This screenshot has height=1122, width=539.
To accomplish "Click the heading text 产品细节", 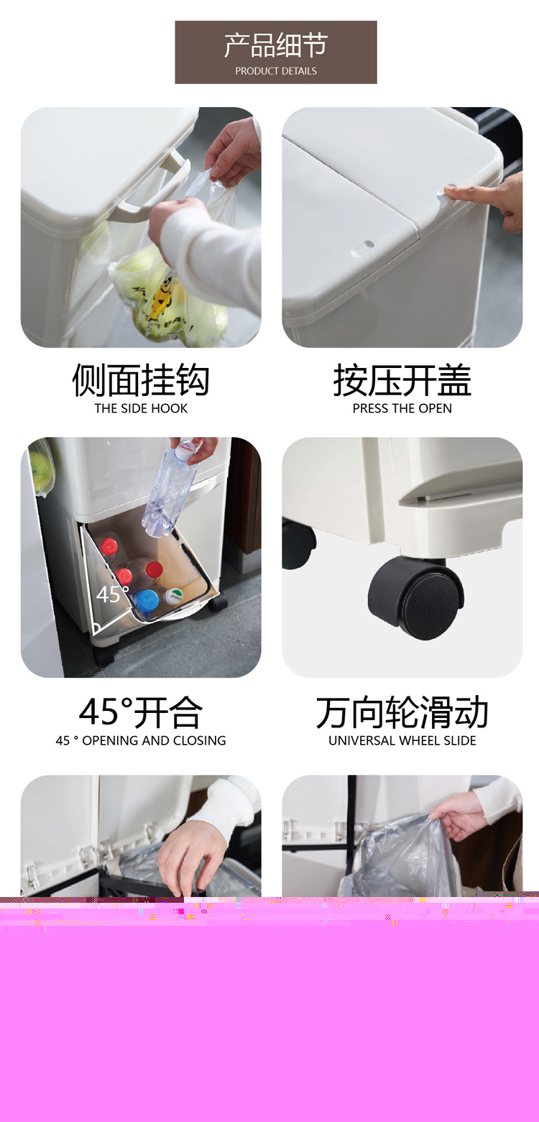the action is tap(275, 45).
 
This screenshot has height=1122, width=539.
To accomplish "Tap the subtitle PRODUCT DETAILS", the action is tap(276, 71).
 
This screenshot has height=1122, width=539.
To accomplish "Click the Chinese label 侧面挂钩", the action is tap(141, 380).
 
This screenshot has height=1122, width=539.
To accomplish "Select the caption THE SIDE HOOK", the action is tap(141, 408).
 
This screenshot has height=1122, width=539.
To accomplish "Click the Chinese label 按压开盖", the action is tap(402, 380).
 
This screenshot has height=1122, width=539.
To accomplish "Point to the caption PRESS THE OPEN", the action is tap(402, 408).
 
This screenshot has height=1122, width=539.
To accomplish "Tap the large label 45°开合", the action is tap(141, 712).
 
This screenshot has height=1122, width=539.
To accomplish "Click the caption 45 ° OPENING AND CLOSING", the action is tap(141, 740).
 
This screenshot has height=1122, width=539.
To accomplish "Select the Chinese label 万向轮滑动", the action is tap(402, 712).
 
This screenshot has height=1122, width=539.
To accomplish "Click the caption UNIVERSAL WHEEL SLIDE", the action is tap(402, 740).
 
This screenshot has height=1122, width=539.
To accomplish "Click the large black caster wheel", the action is tap(416, 599).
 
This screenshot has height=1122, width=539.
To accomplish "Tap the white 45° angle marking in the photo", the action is tap(112, 594).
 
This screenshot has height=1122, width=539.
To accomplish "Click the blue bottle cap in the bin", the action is tap(147, 599).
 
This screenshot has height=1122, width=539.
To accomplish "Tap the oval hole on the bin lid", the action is tap(363, 248).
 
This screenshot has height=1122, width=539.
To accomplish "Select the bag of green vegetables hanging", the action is tap(165, 290).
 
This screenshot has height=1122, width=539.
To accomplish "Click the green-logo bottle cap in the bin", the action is tap(174, 596).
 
